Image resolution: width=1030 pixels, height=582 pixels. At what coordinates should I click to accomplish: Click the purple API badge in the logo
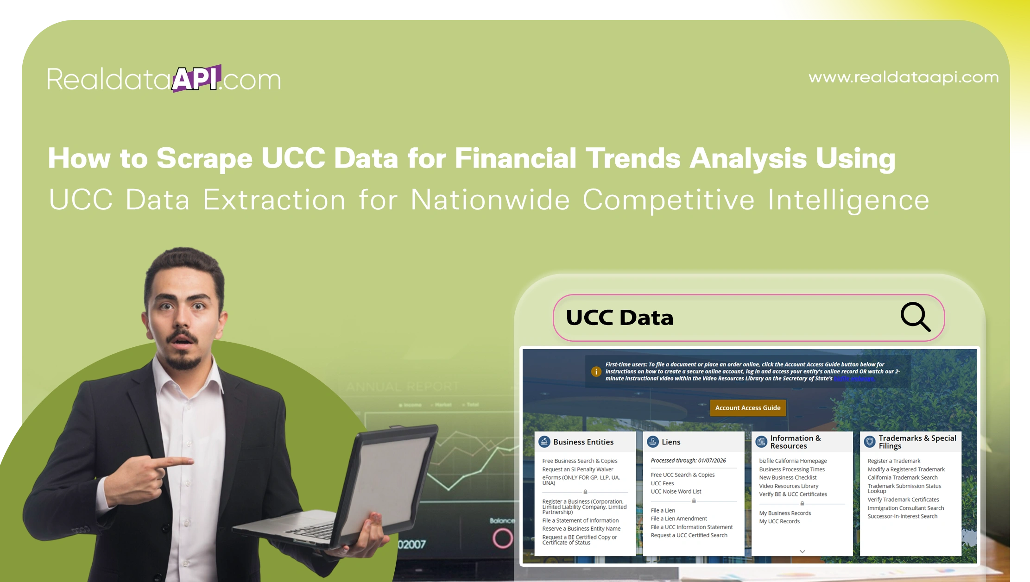tap(196, 78)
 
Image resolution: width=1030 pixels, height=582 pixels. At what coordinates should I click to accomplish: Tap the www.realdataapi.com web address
tap(904, 77)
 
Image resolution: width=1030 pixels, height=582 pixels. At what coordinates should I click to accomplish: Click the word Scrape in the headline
tap(204, 158)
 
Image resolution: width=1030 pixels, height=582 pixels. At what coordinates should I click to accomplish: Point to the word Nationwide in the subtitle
tap(490, 200)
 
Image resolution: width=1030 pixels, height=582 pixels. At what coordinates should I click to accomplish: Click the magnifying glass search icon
tap(915, 317)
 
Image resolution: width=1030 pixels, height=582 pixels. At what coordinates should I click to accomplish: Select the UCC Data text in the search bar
tap(619, 318)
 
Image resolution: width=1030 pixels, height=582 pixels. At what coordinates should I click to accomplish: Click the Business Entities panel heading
tap(583, 442)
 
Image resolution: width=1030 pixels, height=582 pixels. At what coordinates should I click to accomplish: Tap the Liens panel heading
tap(670, 442)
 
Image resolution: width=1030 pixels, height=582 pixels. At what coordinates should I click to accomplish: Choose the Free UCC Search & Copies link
tap(682, 475)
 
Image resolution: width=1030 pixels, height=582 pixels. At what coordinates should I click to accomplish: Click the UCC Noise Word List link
tap(676, 491)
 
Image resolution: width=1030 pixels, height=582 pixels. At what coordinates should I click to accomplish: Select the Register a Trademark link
tap(894, 461)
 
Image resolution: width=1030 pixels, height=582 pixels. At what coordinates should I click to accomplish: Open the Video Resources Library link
tap(789, 486)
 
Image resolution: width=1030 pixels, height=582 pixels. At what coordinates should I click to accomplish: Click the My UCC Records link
tap(779, 521)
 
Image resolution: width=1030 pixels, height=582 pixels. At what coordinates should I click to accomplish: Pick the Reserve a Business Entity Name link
tap(581, 529)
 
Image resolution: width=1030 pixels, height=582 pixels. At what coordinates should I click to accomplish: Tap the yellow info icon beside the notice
tap(596, 371)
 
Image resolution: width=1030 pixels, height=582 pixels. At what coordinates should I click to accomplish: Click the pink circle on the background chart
tap(502, 538)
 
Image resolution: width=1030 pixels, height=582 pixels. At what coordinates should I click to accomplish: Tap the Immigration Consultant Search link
tap(905, 508)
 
